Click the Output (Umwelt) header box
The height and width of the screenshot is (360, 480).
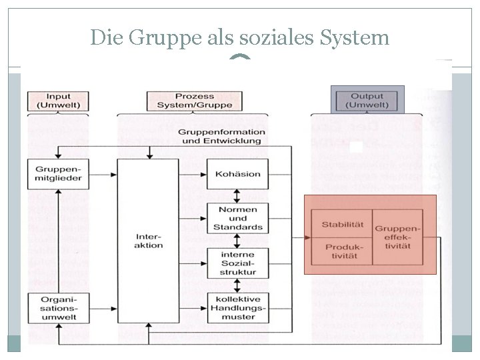[x=367, y=101]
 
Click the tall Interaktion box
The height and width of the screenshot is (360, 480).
[x=148, y=241]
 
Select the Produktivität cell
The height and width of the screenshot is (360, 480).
[x=341, y=252]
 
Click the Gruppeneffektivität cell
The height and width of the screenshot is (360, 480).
[x=397, y=237]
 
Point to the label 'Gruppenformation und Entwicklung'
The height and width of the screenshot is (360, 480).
[x=219, y=137]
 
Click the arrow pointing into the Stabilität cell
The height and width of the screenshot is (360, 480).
[x=303, y=237]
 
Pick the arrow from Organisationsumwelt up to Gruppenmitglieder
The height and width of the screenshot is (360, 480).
[x=59, y=240]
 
